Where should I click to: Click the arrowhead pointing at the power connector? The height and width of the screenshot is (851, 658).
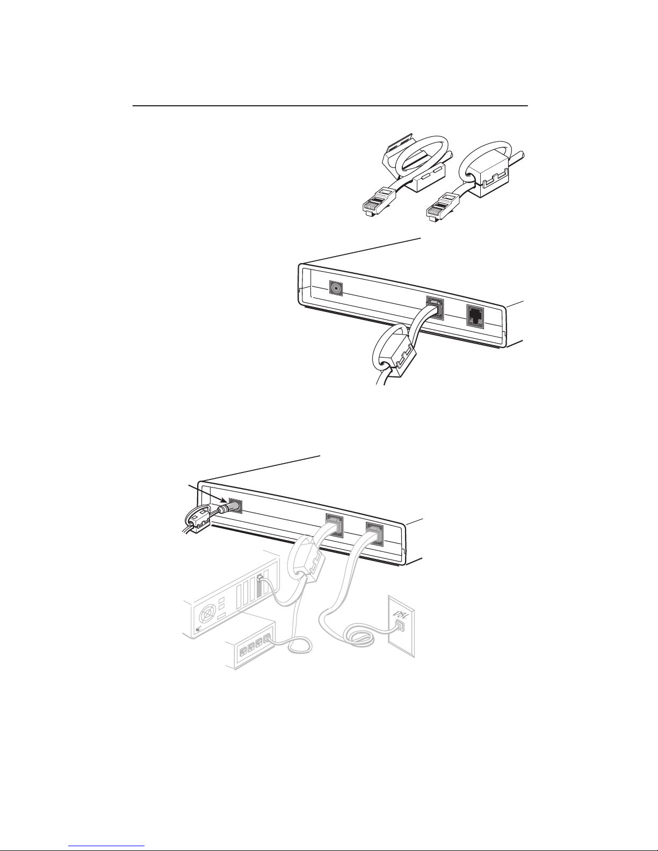[223, 500]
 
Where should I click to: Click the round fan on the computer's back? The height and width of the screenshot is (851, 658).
[206, 616]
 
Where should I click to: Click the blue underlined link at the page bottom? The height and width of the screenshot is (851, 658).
[106, 845]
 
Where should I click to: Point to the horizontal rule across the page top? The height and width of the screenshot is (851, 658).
[330, 106]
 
